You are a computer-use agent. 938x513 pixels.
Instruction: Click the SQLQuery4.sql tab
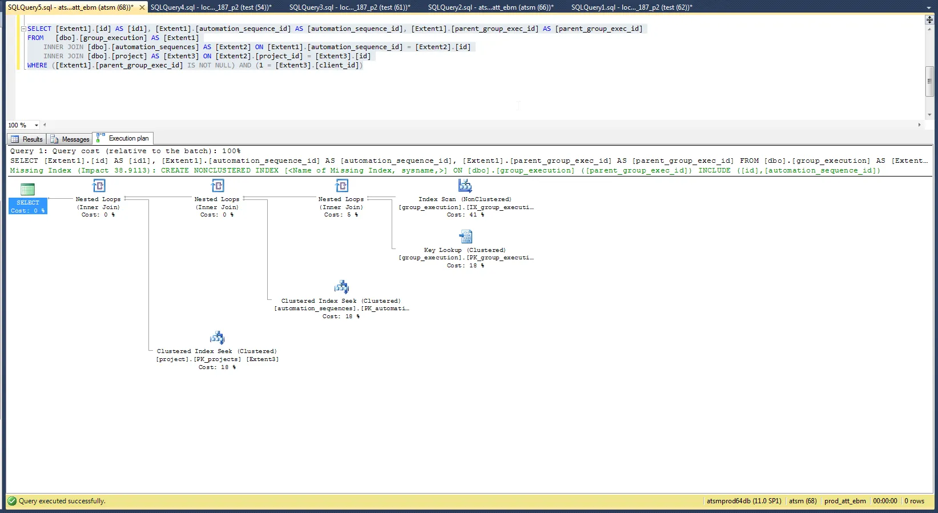pyautogui.click(x=211, y=7)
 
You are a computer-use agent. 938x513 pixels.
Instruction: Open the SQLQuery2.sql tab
pyautogui.click(x=490, y=7)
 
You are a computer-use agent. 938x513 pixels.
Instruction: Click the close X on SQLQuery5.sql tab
pyautogui.click(x=142, y=7)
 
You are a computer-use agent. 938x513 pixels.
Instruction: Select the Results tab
pyautogui.click(x=27, y=139)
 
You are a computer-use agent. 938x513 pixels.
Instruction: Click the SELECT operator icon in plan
pyautogui.click(x=27, y=189)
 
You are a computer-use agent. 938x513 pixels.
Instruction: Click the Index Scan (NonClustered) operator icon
pyautogui.click(x=465, y=186)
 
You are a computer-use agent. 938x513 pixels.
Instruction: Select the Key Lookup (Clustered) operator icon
pyautogui.click(x=465, y=237)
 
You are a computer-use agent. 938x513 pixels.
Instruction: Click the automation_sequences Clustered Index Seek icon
pyautogui.click(x=341, y=287)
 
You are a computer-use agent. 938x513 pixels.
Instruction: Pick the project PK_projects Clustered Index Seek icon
pyautogui.click(x=217, y=338)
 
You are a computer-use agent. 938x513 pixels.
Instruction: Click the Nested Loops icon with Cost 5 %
pyautogui.click(x=341, y=186)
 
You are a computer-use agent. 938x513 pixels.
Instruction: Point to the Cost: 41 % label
pyautogui.click(x=465, y=215)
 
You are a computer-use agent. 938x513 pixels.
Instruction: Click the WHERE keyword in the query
pyautogui.click(x=37, y=65)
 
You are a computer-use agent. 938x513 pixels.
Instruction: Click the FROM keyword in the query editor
pyautogui.click(x=35, y=38)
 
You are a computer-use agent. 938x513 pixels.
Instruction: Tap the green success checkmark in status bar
pyautogui.click(x=12, y=501)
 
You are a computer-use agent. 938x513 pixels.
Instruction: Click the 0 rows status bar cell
pyautogui.click(x=914, y=501)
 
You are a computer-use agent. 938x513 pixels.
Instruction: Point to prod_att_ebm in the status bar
pyautogui.click(x=844, y=501)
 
